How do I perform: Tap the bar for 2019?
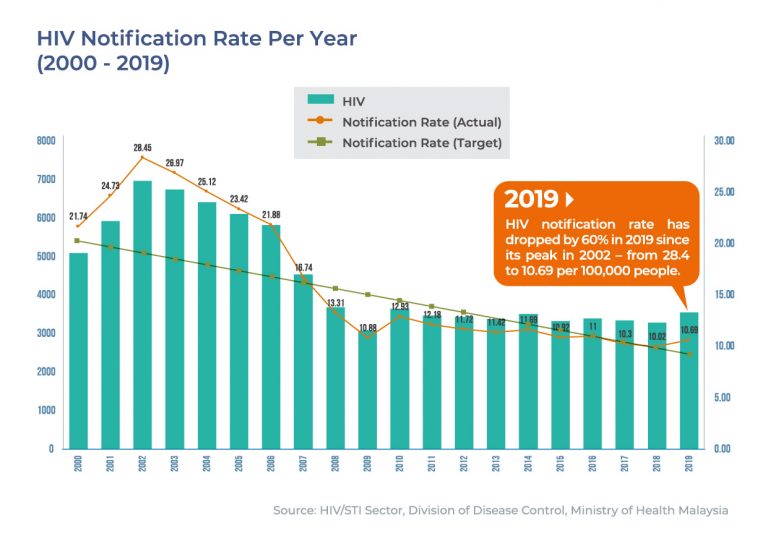(x=690, y=380)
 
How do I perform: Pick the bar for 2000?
(x=78, y=350)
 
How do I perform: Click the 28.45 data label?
(x=143, y=148)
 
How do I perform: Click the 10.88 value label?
(x=368, y=327)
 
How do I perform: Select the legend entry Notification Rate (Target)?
(x=421, y=143)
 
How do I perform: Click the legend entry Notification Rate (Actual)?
(x=421, y=122)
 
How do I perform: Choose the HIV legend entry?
(x=353, y=101)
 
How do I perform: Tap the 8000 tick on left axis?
(x=46, y=141)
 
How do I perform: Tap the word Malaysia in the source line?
(x=699, y=511)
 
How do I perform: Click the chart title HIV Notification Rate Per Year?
(x=196, y=39)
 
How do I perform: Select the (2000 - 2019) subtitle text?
(x=103, y=64)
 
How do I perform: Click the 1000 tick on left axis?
(x=46, y=410)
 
